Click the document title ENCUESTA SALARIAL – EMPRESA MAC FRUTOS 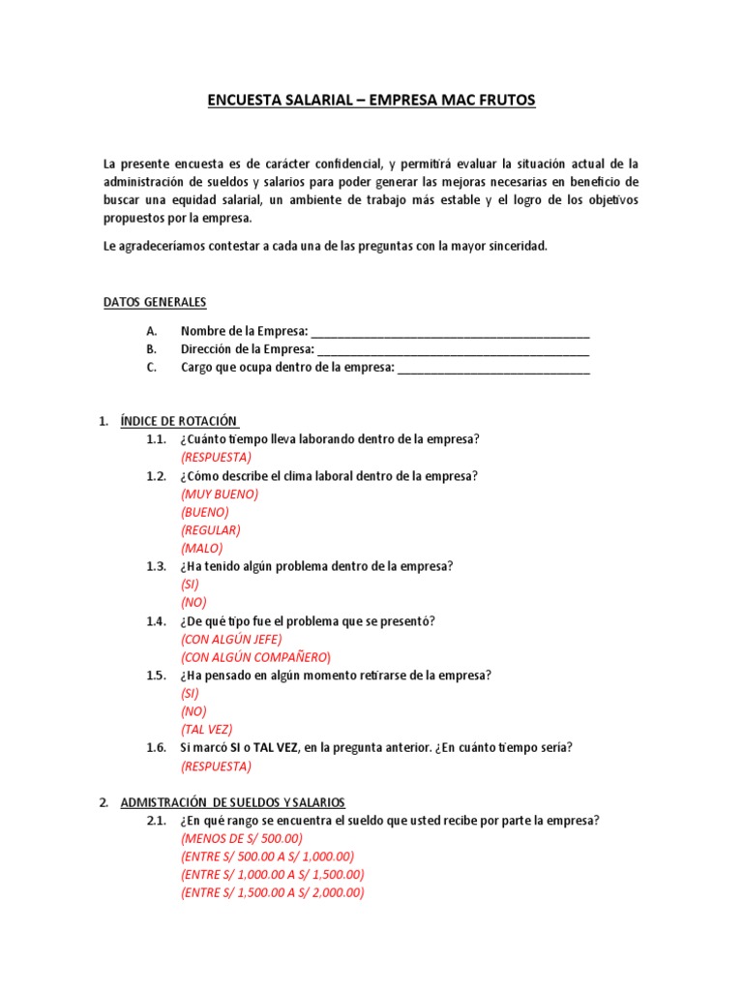coord(371,100)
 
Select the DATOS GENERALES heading coord(155,302)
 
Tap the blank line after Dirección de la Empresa coord(453,349)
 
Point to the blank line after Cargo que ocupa coord(492,368)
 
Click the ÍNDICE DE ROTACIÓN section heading coord(179,421)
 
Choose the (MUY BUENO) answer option coord(220,494)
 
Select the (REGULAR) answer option coord(210,530)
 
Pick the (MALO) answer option coord(201,548)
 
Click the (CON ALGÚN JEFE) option coord(231,639)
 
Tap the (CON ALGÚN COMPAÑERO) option coord(255,657)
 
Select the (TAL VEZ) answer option coord(206,730)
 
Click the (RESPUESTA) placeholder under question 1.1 coord(215,457)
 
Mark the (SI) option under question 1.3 coord(190,585)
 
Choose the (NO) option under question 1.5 coord(193,711)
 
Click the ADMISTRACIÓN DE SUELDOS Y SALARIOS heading coord(232,802)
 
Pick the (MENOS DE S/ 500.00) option coord(241,838)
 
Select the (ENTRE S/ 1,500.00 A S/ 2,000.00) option coord(272,893)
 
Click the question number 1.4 coord(157,621)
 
